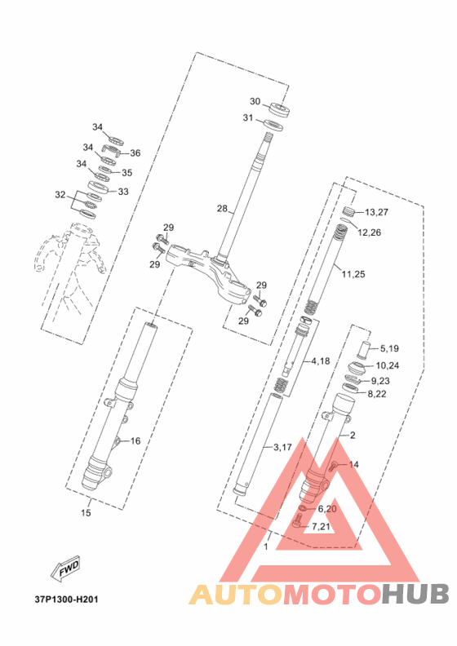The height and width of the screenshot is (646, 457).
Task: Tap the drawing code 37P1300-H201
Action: point(66,599)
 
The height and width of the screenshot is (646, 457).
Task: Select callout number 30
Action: point(255,101)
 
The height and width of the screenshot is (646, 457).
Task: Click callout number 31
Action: point(247,117)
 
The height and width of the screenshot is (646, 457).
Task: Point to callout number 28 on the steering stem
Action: point(223,209)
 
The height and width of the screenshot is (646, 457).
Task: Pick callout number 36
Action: point(135,153)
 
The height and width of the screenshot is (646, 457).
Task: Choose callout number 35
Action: point(127,173)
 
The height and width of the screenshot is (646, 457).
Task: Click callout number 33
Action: point(123,192)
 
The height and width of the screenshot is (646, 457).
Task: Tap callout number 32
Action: point(60,194)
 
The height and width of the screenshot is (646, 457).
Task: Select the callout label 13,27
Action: point(377,212)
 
